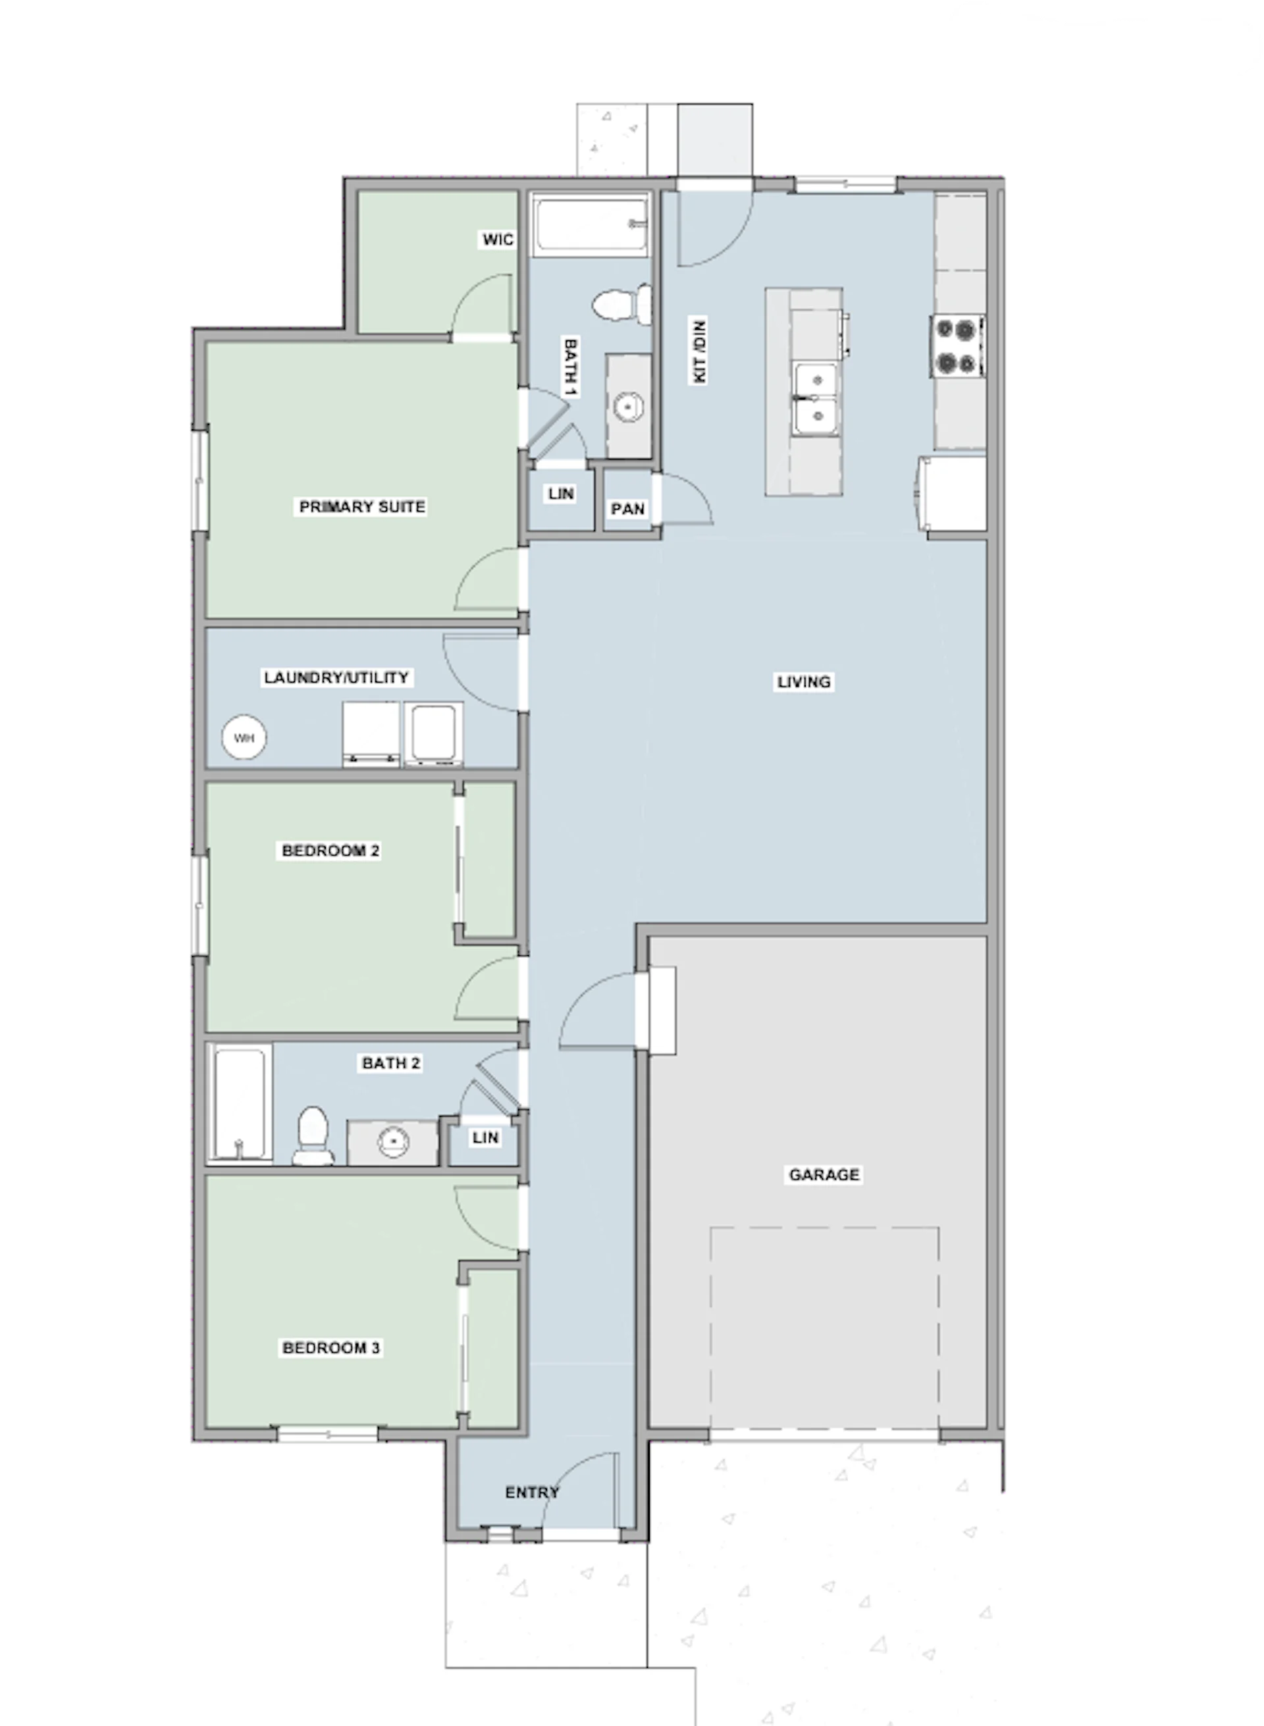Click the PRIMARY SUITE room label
pos(362,506)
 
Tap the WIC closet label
pos(497,240)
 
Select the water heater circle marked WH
pos(244,739)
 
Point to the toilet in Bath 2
pos(313,1136)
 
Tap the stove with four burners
pos(957,346)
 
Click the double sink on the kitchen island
pos(816,399)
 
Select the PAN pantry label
pos(627,509)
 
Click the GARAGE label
pos(824,1174)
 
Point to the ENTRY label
pos(532,1492)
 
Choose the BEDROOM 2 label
pos(330,850)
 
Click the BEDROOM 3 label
pos(331,1348)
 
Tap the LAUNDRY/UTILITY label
pos(336,678)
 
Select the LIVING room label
pos(803,682)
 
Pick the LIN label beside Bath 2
pos(485,1138)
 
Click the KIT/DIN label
pos(698,350)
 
